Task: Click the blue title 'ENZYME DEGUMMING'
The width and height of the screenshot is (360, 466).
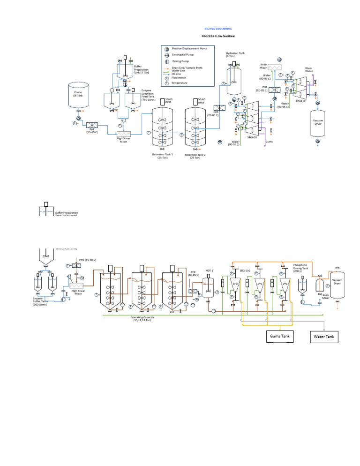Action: tap(218, 29)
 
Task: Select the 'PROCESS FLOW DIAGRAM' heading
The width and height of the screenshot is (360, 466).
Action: tap(218, 36)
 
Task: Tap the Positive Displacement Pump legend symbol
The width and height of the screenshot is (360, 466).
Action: tap(165, 48)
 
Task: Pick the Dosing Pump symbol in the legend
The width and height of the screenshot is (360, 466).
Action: tap(165, 61)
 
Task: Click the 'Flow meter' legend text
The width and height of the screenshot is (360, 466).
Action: tap(179, 77)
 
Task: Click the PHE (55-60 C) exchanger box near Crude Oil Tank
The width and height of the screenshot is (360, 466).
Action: tap(91, 125)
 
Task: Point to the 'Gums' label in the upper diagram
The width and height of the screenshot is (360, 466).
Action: tap(270, 142)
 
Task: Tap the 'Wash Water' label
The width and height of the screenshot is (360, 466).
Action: tap(309, 69)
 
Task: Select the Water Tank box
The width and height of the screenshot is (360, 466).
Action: tap(323, 337)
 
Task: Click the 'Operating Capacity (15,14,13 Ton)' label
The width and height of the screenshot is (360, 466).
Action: tap(142, 318)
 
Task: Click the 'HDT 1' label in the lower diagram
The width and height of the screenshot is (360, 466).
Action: tap(209, 271)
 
